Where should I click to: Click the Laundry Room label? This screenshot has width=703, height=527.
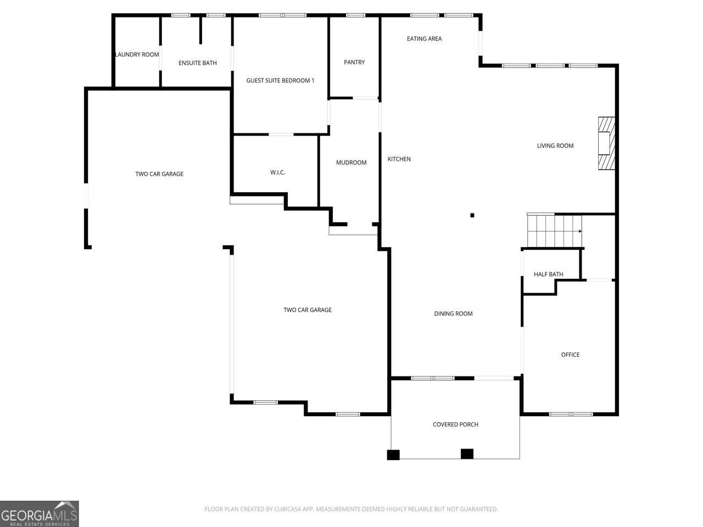[x=137, y=55]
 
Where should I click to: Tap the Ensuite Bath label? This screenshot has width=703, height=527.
[x=198, y=63]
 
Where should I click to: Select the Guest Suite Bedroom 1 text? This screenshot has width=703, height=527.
[x=280, y=81]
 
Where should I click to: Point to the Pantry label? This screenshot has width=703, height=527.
[x=354, y=63]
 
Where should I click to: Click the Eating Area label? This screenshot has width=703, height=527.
[x=425, y=39]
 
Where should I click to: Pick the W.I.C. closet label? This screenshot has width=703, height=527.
[x=277, y=172]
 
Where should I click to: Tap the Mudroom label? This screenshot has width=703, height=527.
[x=351, y=162]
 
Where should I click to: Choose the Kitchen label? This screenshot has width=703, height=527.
[x=399, y=159]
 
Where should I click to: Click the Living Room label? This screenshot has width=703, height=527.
[x=555, y=146]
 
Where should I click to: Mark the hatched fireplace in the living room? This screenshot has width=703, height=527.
[x=606, y=143]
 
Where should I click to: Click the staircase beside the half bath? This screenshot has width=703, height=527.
[x=554, y=231]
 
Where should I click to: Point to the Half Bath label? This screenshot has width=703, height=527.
[x=548, y=274]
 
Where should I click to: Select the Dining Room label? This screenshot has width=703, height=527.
[x=453, y=313]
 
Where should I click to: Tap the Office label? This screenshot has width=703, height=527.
[x=570, y=355]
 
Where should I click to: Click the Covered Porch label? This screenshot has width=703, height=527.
[x=455, y=424]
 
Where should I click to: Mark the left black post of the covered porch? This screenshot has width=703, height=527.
[x=393, y=455]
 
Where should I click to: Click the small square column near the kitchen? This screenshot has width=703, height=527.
[x=472, y=215]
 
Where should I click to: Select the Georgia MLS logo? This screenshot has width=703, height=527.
[x=40, y=514]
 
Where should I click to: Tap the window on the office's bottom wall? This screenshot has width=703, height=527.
[x=571, y=414]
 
